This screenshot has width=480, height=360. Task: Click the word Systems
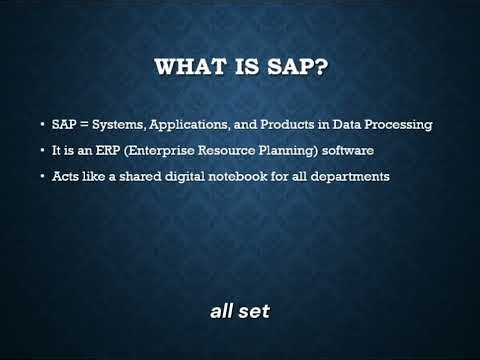pyautogui.click(x=121, y=125)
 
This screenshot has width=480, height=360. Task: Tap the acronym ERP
pyautogui.click(x=106, y=150)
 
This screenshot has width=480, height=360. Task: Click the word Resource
pyautogui.click(x=222, y=150)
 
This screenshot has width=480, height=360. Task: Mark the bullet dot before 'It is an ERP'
pyautogui.click(x=41, y=151)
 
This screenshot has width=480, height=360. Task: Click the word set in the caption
pyautogui.click(x=254, y=311)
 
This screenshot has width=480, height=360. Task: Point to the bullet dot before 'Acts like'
pyautogui.click(x=41, y=177)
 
